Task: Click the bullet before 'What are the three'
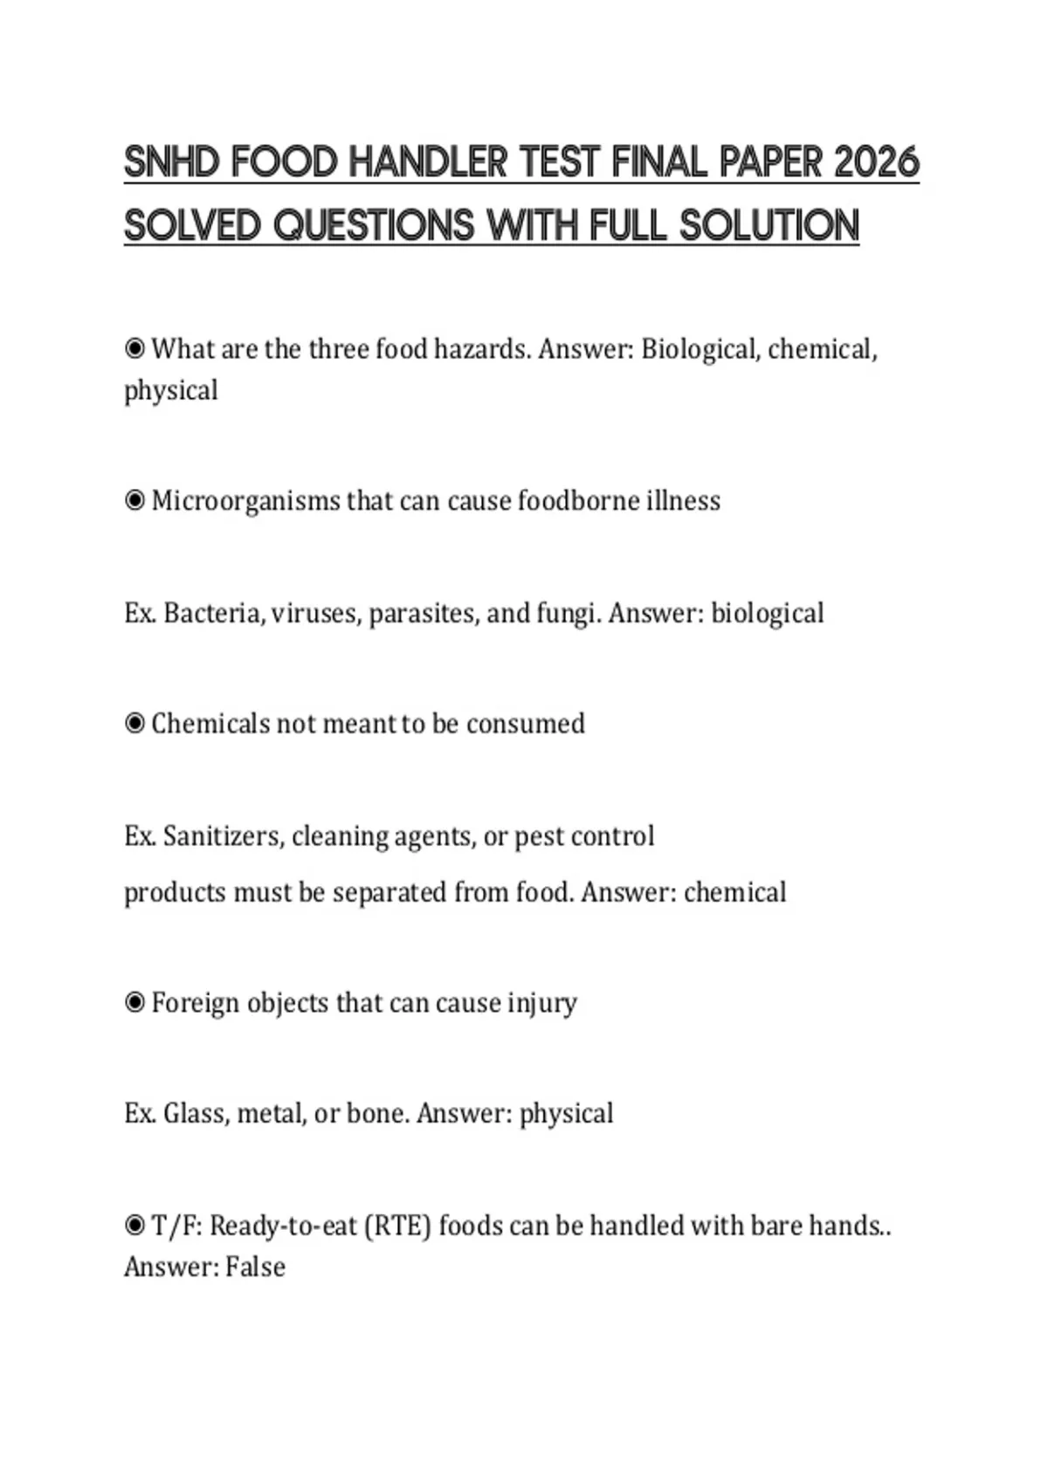click(x=134, y=349)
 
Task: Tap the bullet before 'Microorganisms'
click(x=134, y=501)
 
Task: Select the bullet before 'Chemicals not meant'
click(x=134, y=724)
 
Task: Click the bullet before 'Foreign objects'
click(x=134, y=1002)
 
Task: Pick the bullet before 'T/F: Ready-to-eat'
click(x=134, y=1226)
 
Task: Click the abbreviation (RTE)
click(x=396, y=1226)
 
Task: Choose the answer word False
click(x=255, y=1267)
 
